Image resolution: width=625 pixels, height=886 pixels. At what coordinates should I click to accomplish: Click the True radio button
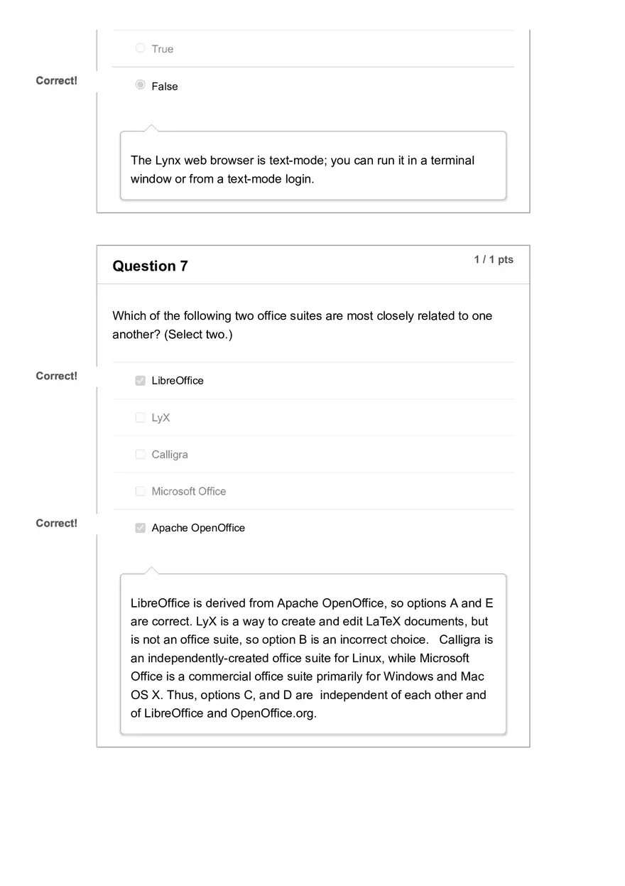(140, 48)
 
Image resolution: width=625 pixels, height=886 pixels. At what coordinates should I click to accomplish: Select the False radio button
(140, 86)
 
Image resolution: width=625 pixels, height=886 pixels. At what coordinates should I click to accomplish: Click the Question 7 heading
(150, 266)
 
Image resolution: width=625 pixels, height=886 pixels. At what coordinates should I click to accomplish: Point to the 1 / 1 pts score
(494, 260)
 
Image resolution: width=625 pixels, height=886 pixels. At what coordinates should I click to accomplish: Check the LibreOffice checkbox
(140, 381)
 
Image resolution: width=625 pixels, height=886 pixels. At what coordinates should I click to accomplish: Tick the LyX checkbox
(140, 418)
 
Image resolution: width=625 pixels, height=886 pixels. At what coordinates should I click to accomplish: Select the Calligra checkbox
(140, 454)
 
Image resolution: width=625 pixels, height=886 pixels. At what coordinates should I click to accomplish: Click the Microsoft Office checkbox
(140, 491)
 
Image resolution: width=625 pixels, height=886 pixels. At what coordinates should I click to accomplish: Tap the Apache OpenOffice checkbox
(140, 528)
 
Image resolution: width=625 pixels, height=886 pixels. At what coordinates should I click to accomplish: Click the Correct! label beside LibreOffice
(56, 376)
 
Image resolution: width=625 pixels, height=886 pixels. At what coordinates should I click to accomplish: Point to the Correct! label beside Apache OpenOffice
(56, 524)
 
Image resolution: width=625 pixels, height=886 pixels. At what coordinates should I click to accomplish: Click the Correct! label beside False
(56, 81)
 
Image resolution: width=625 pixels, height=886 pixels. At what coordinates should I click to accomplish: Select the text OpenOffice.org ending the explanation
(273, 713)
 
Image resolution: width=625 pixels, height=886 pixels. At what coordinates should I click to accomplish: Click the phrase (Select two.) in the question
(198, 335)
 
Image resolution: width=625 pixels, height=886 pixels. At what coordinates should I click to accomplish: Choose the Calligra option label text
(170, 455)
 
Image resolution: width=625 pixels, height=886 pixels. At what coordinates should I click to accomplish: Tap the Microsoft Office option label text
(189, 492)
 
